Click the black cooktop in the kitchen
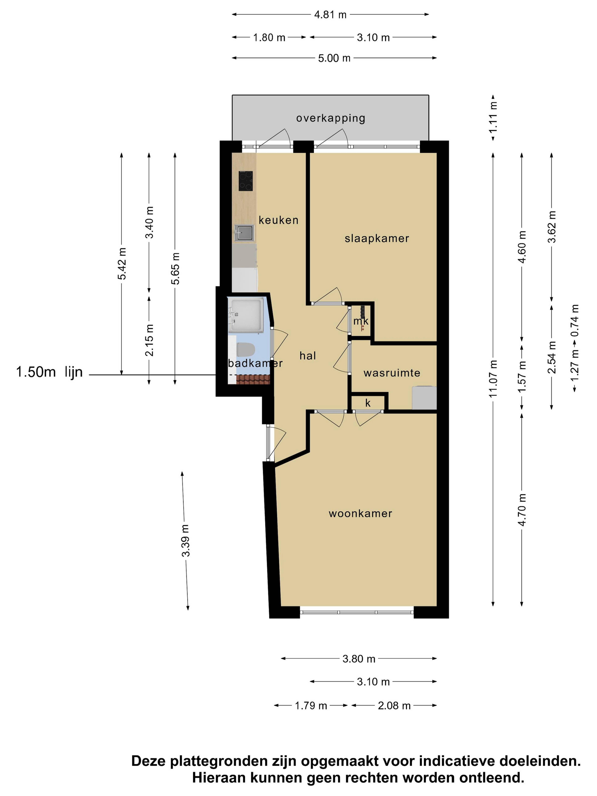(x=245, y=181)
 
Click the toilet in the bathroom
(x=246, y=349)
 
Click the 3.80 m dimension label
(x=359, y=659)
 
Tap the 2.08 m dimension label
(x=394, y=706)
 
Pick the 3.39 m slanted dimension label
(x=185, y=541)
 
